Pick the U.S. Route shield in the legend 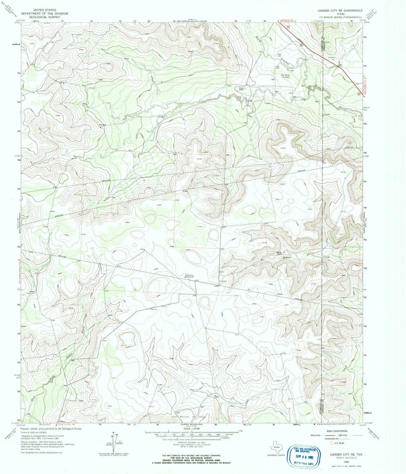point(332,443)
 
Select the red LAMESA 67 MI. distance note point(285,20)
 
